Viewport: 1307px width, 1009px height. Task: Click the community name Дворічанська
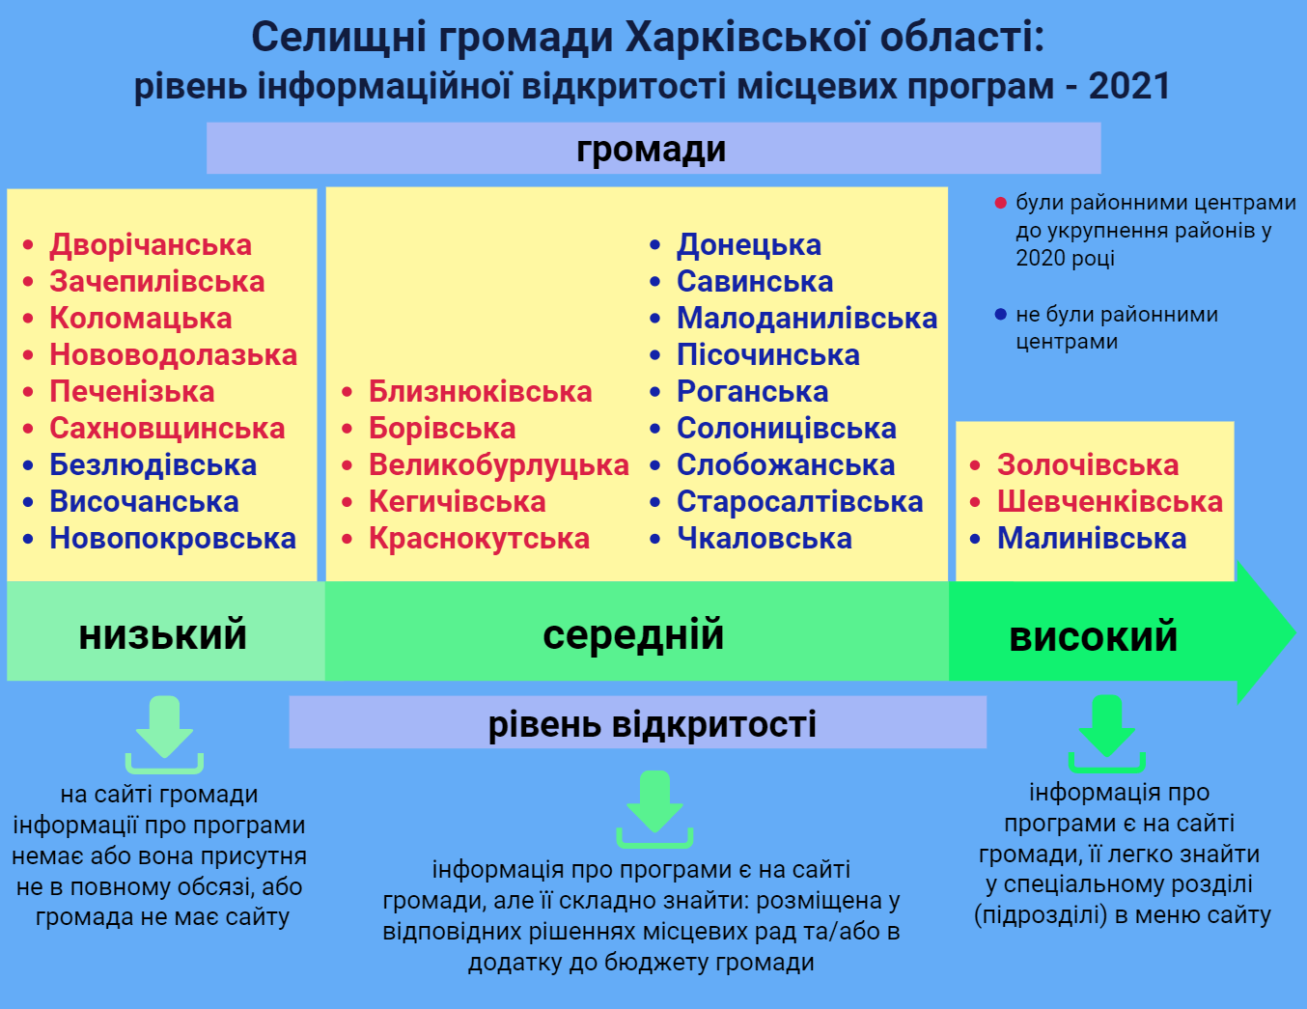coord(151,245)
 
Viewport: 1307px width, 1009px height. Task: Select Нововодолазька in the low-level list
coord(173,355)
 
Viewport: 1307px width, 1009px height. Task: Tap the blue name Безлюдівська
coord(153,465)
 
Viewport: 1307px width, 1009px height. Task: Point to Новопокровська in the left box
coord(173,539)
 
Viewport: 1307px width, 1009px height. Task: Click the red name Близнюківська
coord(480,392)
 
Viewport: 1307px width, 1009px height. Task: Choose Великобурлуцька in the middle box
coord(499,466)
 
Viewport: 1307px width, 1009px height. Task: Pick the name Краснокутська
coord(479,539)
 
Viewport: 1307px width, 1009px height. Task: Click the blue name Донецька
coord(749,245)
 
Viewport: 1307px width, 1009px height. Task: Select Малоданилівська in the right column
coord(807,319)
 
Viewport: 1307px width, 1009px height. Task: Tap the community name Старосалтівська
coord(799,502)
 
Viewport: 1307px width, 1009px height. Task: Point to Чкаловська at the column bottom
coord(764,539)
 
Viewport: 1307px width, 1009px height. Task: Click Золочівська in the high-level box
coord(1088,465)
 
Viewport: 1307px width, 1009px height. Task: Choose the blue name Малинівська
coord(1092,539)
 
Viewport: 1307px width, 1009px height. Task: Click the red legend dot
coord(1000,204)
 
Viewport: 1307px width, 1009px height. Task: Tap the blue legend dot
coord(1000,314)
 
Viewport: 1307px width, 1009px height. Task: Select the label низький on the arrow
coord(163,634)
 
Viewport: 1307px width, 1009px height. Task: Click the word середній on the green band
coord(633,635)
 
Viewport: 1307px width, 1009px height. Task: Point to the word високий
coord(1093,636)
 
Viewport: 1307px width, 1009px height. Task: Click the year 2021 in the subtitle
coord(1129,85)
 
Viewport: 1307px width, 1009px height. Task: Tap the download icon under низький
coord(164,735)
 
